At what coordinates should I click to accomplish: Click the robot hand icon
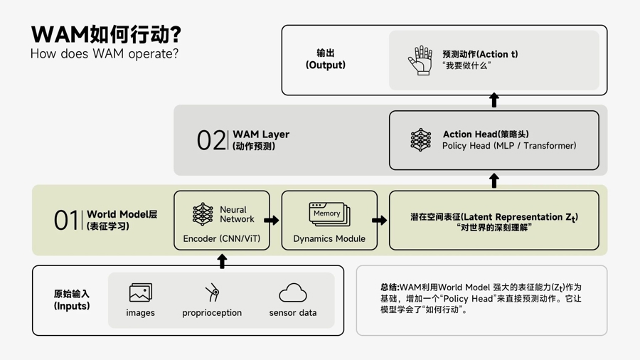click(420, 60)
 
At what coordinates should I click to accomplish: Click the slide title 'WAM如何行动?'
click(106, 34)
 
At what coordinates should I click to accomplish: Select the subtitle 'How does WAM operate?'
click(105, 54)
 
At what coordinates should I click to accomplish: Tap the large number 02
click(210, 140)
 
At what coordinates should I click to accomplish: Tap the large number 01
click(66, 220)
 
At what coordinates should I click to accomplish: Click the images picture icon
click(140, 292)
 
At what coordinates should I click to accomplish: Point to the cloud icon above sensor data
click(292, 292)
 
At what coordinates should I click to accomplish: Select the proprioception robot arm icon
click(212, 292)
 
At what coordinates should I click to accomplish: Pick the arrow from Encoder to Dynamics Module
click(272, 221)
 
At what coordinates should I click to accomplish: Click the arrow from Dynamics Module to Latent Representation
click(380, 221)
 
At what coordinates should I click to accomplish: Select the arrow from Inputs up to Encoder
click(222, 261)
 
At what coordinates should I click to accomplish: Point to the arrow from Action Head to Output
click(494, 100)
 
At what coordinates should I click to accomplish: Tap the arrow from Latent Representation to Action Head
click(494, 181)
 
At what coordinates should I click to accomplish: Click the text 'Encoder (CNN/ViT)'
click(222, 239)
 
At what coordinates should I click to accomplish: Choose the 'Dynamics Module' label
click(329, 239)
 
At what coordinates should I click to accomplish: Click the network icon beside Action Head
click(420, 140)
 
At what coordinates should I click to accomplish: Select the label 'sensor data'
click(293, 312)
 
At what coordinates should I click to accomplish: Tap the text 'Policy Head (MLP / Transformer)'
click(509, 146)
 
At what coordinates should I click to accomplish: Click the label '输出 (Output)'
click(326, 59)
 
